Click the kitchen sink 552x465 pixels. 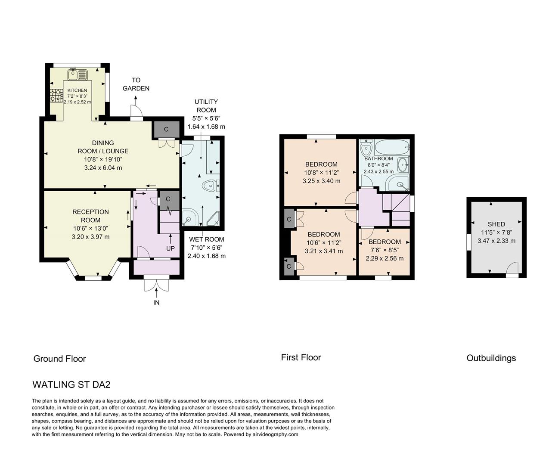(78, 74)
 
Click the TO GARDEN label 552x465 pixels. (136, 84)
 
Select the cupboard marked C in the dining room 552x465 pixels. (166, 129)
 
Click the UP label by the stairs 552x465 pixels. (171, 248)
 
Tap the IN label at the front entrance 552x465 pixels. (156, 303)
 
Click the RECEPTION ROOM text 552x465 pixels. (90, 216)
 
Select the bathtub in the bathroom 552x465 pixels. (391, 149)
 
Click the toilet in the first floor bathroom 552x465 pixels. (366, 148)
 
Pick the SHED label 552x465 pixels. (496, 224)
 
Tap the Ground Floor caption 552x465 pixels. (60, 359)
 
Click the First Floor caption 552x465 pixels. (301, 357)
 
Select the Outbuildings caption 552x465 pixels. (491, 358)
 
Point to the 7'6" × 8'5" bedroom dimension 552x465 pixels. (385, 250)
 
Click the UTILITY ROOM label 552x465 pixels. (206, 106)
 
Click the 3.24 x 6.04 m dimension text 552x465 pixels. (103, 167)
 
